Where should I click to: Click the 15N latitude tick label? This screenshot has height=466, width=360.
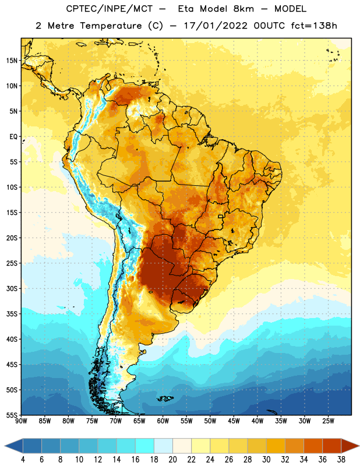click(x=12, y=61)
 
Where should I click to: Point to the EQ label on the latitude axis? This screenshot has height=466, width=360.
click(x=13, y=137)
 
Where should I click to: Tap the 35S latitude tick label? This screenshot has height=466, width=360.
click(x=12, y=314)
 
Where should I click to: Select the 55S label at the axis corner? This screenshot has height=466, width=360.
click(x=12, y=415)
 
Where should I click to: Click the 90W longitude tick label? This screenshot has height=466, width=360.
click(x=21, y=421)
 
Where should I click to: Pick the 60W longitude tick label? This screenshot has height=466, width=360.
click(x=163, y=421)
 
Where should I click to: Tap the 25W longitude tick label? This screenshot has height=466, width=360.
click(x=328, y=421)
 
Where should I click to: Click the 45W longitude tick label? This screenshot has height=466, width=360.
click(x=234, y=421)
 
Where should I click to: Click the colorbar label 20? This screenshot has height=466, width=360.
click(x=172, y=460)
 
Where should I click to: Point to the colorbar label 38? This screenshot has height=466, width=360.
click(x=341, y=460)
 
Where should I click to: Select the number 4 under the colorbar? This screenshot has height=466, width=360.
click(x=23, y=460)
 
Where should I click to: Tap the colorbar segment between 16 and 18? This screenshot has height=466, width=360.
click(x=145, y=446)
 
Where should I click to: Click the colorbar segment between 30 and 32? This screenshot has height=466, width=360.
click(x=276, y=446)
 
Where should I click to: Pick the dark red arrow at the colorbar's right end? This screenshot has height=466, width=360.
click(x=350, y=446)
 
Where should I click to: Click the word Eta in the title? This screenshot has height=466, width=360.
click(x=186, y=9)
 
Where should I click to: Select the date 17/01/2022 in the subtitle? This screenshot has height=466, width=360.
click(x=216, y=26)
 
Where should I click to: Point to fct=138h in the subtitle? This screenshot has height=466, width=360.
click(x=314, y=26)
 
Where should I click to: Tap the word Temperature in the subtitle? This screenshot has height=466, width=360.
click(x=111, y=26)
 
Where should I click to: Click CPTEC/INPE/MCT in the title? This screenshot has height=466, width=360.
click(x=110, y=9)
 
